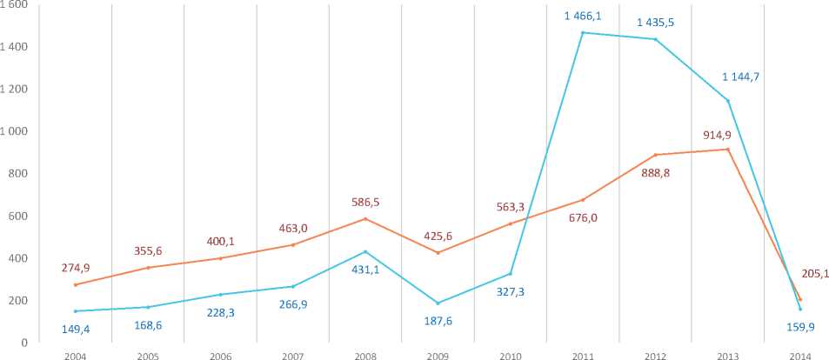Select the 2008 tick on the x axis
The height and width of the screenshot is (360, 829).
pyautogui.click(x=365, y=355)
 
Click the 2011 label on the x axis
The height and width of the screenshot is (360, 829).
pyautogui.click(x=582, y=355)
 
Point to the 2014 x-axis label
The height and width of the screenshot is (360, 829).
pyautogui.click(x=799, y=355)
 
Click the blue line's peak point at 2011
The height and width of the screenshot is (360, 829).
pyautogui.click(x=582, y=33)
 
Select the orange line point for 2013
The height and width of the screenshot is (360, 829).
pyautogui.click(x=727, y=150)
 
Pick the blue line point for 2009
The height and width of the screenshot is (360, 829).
pyautogui.click(x=438, y=303)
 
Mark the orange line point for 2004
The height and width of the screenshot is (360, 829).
pyautogui.click(x=77, y=284)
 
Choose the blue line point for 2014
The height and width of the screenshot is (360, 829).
pyautogui.click(x=799, y=309)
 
